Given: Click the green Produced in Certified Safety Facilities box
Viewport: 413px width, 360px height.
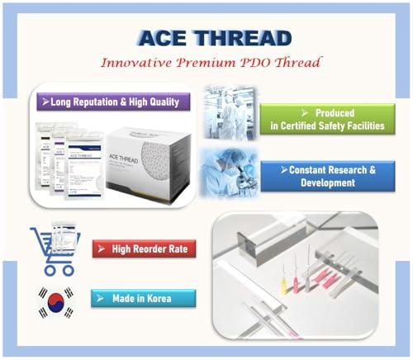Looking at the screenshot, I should coord(327,118).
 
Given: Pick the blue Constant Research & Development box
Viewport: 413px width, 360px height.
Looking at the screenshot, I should coord(327,174).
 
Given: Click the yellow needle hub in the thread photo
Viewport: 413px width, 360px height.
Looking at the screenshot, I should coord(282,287).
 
